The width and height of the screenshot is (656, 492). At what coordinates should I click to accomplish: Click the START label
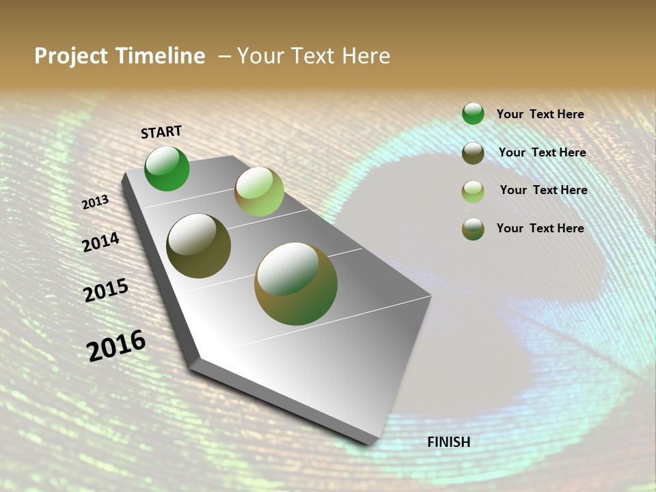tap(161, 132)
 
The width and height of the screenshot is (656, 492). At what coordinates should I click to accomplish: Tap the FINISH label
tap(448, 442)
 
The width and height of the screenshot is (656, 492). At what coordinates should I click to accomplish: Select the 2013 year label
tap(95, 202)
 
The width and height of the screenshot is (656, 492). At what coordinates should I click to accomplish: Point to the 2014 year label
tap(101, 242)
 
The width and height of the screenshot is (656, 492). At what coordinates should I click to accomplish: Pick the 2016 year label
tap(116, 346)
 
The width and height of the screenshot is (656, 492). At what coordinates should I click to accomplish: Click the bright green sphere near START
tap(167, 169)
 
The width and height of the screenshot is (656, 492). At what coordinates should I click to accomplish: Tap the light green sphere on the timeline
tap(259, 191)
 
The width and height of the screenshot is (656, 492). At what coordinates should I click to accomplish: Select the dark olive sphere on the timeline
tap(198, 246)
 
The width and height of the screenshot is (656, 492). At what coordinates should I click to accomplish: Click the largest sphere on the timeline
tap(296, 284)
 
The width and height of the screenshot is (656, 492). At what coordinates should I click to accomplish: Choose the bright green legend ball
tap(473, 113)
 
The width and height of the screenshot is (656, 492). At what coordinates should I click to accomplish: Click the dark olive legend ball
tap(473, 153)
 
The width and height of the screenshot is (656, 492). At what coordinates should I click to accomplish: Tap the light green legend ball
tap(473, 191)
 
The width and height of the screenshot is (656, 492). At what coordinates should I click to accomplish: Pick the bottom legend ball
tap(473, 229)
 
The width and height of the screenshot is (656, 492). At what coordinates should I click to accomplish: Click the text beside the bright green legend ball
tap(540, 114)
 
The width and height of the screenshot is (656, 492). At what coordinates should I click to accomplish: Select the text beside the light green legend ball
tap(543, 190)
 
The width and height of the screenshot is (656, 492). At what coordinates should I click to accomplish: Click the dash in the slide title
tap(224, 56)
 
